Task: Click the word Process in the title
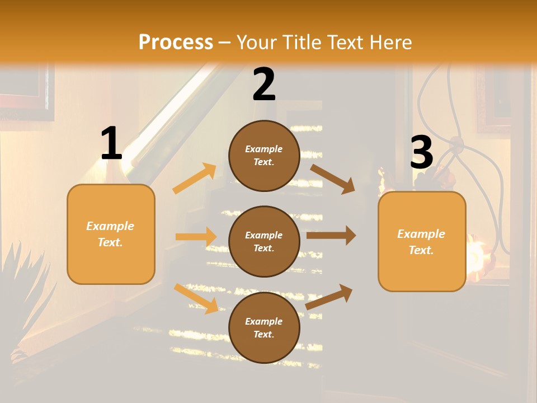pos(176,42)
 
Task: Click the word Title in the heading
pos(301,42)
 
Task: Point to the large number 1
pos(111,144)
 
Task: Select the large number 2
pos(264,85)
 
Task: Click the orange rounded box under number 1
pos(111,234)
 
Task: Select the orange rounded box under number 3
pos(422,241)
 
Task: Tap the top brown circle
pos(264,156)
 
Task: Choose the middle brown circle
pos(264,241)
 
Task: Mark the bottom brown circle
pos(264,327)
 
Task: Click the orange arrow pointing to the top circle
pos(195,179)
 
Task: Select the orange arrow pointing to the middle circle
pos(196,237)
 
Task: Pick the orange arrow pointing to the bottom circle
pos(196,298)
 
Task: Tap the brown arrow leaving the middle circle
pos(331,236)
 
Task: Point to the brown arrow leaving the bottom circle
pos(329,297)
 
